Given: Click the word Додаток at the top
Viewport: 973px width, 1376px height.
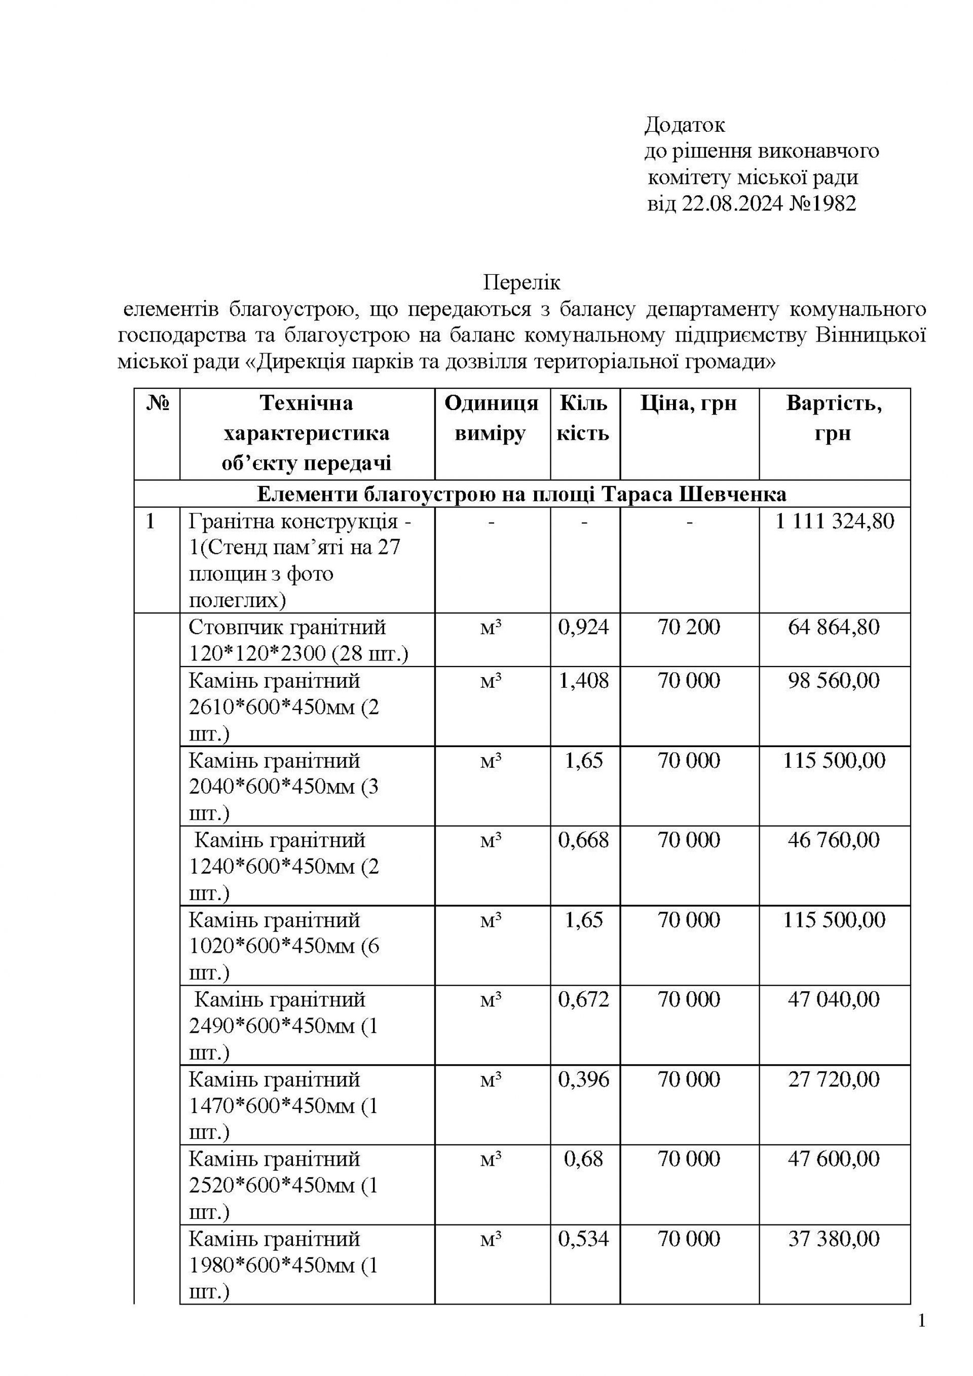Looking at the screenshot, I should click(684, 125).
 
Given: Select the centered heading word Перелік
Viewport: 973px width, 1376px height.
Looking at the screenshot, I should click(521, 282).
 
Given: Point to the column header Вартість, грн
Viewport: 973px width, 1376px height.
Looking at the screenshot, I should click(834, 418).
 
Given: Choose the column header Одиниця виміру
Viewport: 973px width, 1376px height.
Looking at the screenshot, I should click(491, 418).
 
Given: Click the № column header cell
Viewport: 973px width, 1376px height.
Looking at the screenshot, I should click(158, 403).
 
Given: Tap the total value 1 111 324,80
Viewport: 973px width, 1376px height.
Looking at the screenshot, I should click(834, 522).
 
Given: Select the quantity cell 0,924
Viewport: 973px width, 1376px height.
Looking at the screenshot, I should click(584, 627).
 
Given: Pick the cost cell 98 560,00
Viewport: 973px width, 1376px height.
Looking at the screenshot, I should click(834, 681).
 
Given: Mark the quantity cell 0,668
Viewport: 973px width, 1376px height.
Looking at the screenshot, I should click(584, 840).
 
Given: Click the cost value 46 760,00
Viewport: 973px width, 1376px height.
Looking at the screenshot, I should click(834, 840).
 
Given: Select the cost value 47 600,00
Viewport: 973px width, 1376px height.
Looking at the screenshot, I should click(834, 1159).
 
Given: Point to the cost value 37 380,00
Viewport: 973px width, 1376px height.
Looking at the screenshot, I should click(834, 1239).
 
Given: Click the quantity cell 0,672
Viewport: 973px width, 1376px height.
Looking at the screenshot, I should click(584, 999).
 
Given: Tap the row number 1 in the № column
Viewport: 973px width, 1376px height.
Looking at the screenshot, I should click(151, 522).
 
